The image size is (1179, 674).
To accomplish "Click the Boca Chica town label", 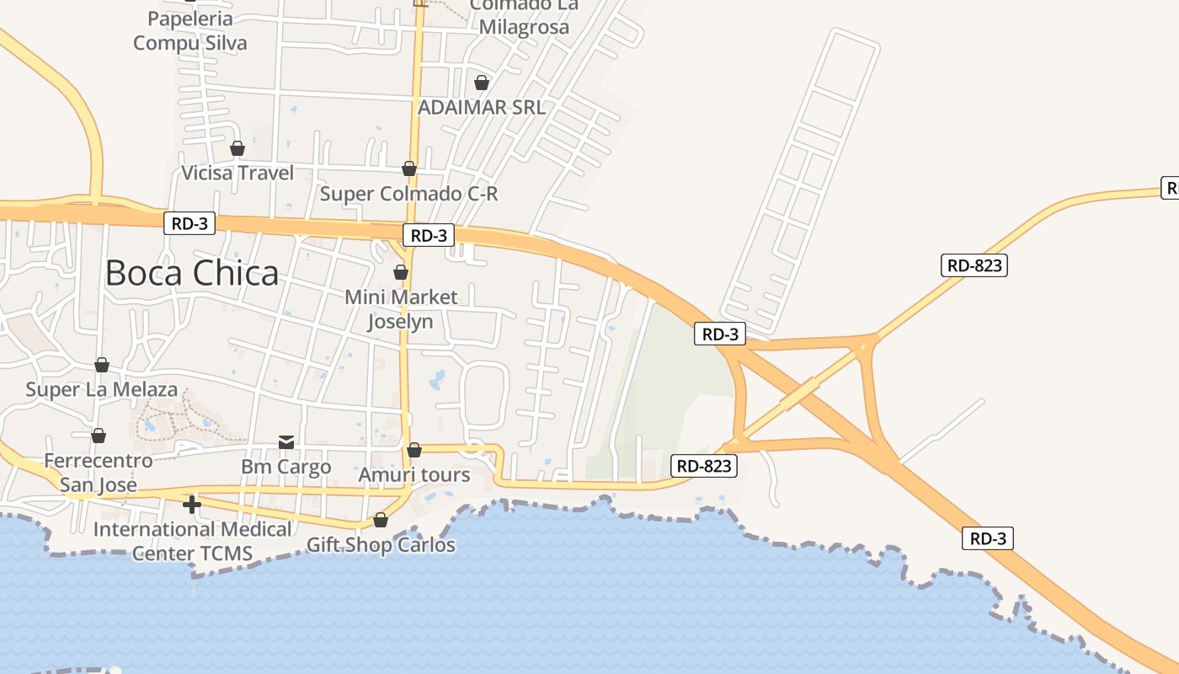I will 192,273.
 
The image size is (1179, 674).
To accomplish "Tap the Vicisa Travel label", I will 238,173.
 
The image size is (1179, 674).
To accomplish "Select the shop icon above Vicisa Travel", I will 237,148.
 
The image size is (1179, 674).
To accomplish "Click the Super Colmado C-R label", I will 409,194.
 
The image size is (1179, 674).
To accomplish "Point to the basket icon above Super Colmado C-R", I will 409,168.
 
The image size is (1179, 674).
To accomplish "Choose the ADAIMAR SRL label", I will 482,107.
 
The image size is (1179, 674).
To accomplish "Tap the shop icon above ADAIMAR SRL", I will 481,83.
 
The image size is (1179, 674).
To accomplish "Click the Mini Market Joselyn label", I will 402,308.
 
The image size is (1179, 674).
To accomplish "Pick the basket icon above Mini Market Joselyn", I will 401,272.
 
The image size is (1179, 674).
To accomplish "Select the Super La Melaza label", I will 102,389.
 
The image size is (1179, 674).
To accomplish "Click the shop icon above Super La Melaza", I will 102,365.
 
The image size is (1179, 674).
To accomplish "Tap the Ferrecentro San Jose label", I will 99,473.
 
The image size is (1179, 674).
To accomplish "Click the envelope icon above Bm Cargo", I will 286,442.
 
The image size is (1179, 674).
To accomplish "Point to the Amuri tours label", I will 414,474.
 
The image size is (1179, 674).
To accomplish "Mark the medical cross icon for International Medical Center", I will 192,505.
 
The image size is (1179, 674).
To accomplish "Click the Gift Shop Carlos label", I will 381,544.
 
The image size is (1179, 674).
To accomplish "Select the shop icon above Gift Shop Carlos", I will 381,520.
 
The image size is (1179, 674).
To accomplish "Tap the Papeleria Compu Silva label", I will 190,30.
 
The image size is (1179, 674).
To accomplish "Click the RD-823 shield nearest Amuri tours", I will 704,465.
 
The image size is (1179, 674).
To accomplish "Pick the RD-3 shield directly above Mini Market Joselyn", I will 429,236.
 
